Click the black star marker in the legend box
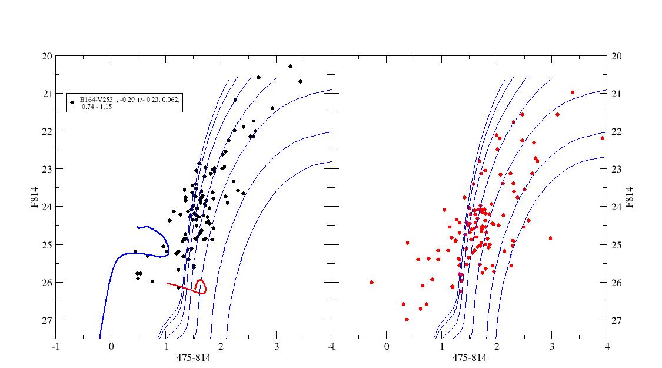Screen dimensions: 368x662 click(72, 102)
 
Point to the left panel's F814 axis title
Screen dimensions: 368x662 click(35, 197)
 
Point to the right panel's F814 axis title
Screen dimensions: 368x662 click(630, 197)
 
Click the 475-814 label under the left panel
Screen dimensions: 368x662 click(193, 357)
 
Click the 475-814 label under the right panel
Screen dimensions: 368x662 click(468, 357)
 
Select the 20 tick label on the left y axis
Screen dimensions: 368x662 click(46, 56)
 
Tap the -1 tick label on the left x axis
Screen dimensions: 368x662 click(55, 347)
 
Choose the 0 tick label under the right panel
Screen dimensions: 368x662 click(386, 347)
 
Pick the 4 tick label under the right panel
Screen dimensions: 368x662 click(606, 347)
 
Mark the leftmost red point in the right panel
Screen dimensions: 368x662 click(371, 282)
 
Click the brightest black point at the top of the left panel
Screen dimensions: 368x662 click(290, 67)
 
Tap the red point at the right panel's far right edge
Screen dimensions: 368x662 click(602, 138)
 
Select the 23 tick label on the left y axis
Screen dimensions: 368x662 click(46, 169)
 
